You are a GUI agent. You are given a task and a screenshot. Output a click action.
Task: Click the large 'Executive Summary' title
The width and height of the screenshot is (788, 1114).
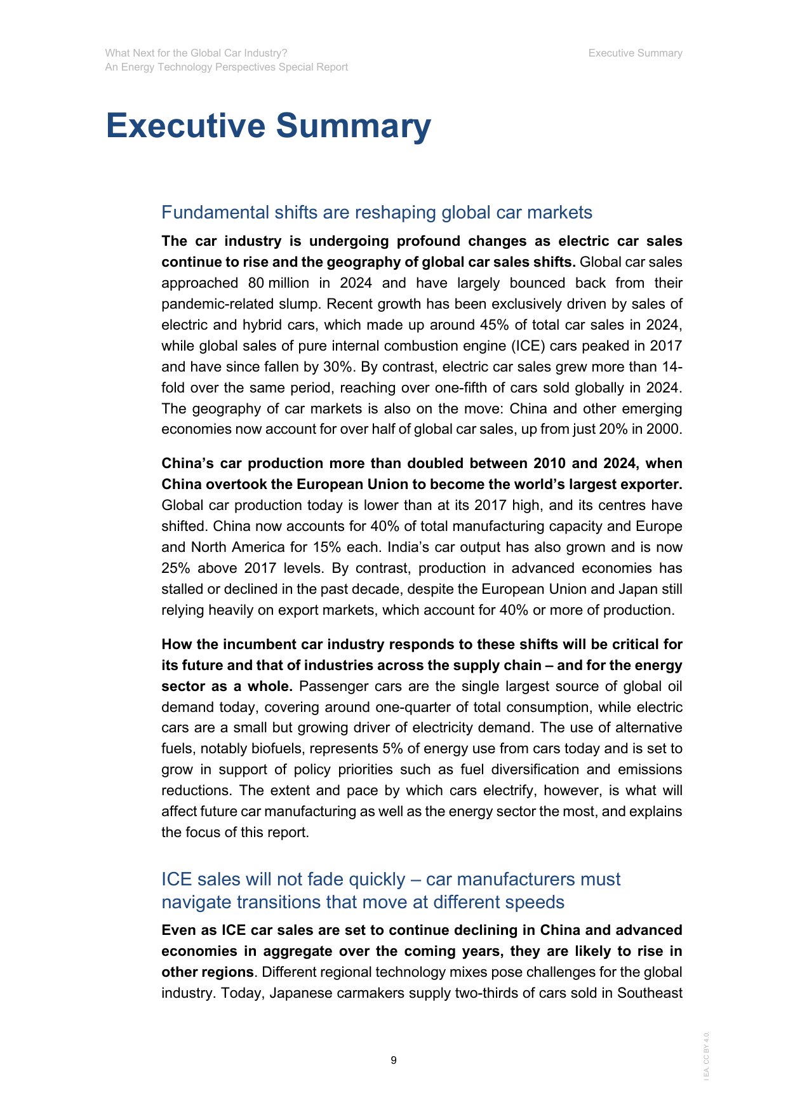coord(268,126)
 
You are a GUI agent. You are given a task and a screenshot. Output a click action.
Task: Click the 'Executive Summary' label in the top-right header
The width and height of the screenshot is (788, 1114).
coord(635,53)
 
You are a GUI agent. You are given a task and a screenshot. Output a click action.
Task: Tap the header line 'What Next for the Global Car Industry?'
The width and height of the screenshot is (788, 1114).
coord(196,53)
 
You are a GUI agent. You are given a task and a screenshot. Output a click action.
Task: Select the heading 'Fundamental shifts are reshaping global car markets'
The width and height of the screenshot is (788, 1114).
coord(377,212)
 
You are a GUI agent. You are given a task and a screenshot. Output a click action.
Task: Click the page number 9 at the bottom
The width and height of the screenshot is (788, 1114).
coord(394,1060)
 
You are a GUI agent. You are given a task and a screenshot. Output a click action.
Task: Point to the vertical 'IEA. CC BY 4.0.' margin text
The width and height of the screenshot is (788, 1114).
coord(707,1056)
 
